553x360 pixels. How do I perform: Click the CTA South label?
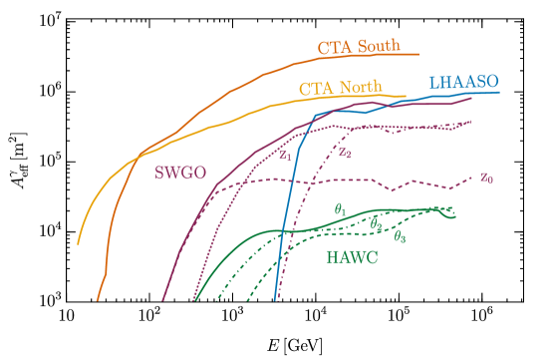point(359,47)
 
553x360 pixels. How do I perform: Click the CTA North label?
point(340,88)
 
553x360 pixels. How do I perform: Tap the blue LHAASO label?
point(463,82)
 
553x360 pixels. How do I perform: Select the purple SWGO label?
point(180,173)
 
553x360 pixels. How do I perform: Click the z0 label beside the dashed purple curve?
point(486,177)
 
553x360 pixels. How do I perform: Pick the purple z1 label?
point(284,155)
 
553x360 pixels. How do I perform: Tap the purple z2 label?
point(344,153)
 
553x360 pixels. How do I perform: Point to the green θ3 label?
point(399,236)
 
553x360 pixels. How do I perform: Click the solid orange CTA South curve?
point(229,93)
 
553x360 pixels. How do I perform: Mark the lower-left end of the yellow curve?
point(78,242)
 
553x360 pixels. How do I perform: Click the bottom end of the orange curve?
point(97,298)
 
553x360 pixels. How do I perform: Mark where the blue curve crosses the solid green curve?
point(285,230)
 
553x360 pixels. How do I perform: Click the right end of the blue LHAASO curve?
point(499,93)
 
